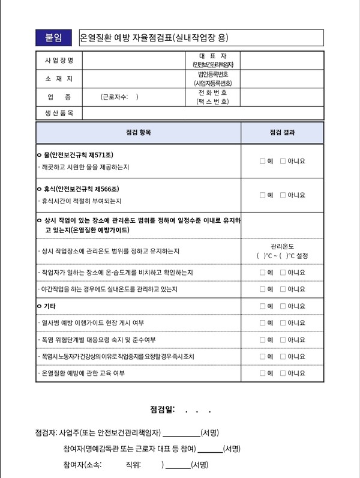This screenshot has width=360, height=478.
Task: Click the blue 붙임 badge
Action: click(x=54, y=38)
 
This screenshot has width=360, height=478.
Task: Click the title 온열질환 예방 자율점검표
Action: click(x=154, y=38)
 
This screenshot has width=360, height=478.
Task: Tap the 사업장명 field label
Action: click(x=59, y=61)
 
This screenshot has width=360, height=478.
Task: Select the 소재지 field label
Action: click(x=59, y=79)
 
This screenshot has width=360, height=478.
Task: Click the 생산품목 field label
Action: click(x=59, y=113)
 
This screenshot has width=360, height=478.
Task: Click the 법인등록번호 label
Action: click(x=213, y=74)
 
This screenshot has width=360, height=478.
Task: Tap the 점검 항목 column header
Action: click(x=139, y=133)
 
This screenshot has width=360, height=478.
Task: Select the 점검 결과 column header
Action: click(x=282, y=133)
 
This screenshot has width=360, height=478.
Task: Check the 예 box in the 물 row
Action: click(x=263, y=161)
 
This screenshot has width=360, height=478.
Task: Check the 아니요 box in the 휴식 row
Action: click(x=283, y=195)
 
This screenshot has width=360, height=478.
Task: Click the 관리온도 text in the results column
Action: click(x=282, y=246)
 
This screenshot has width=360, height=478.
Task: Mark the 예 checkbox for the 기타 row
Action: click(x=263, y=306)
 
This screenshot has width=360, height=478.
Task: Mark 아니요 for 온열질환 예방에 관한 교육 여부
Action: click(x=283, y=374)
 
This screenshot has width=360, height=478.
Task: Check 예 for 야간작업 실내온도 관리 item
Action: click(x=263, y=289)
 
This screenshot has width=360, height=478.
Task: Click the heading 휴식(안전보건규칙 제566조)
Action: click(x=82, y=189)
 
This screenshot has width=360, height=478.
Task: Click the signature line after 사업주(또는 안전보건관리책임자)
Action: click(x=181, y=434)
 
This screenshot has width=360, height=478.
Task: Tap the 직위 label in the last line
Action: click(x=133, y=465)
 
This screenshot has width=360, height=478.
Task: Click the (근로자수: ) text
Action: click(x=119, y=96)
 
